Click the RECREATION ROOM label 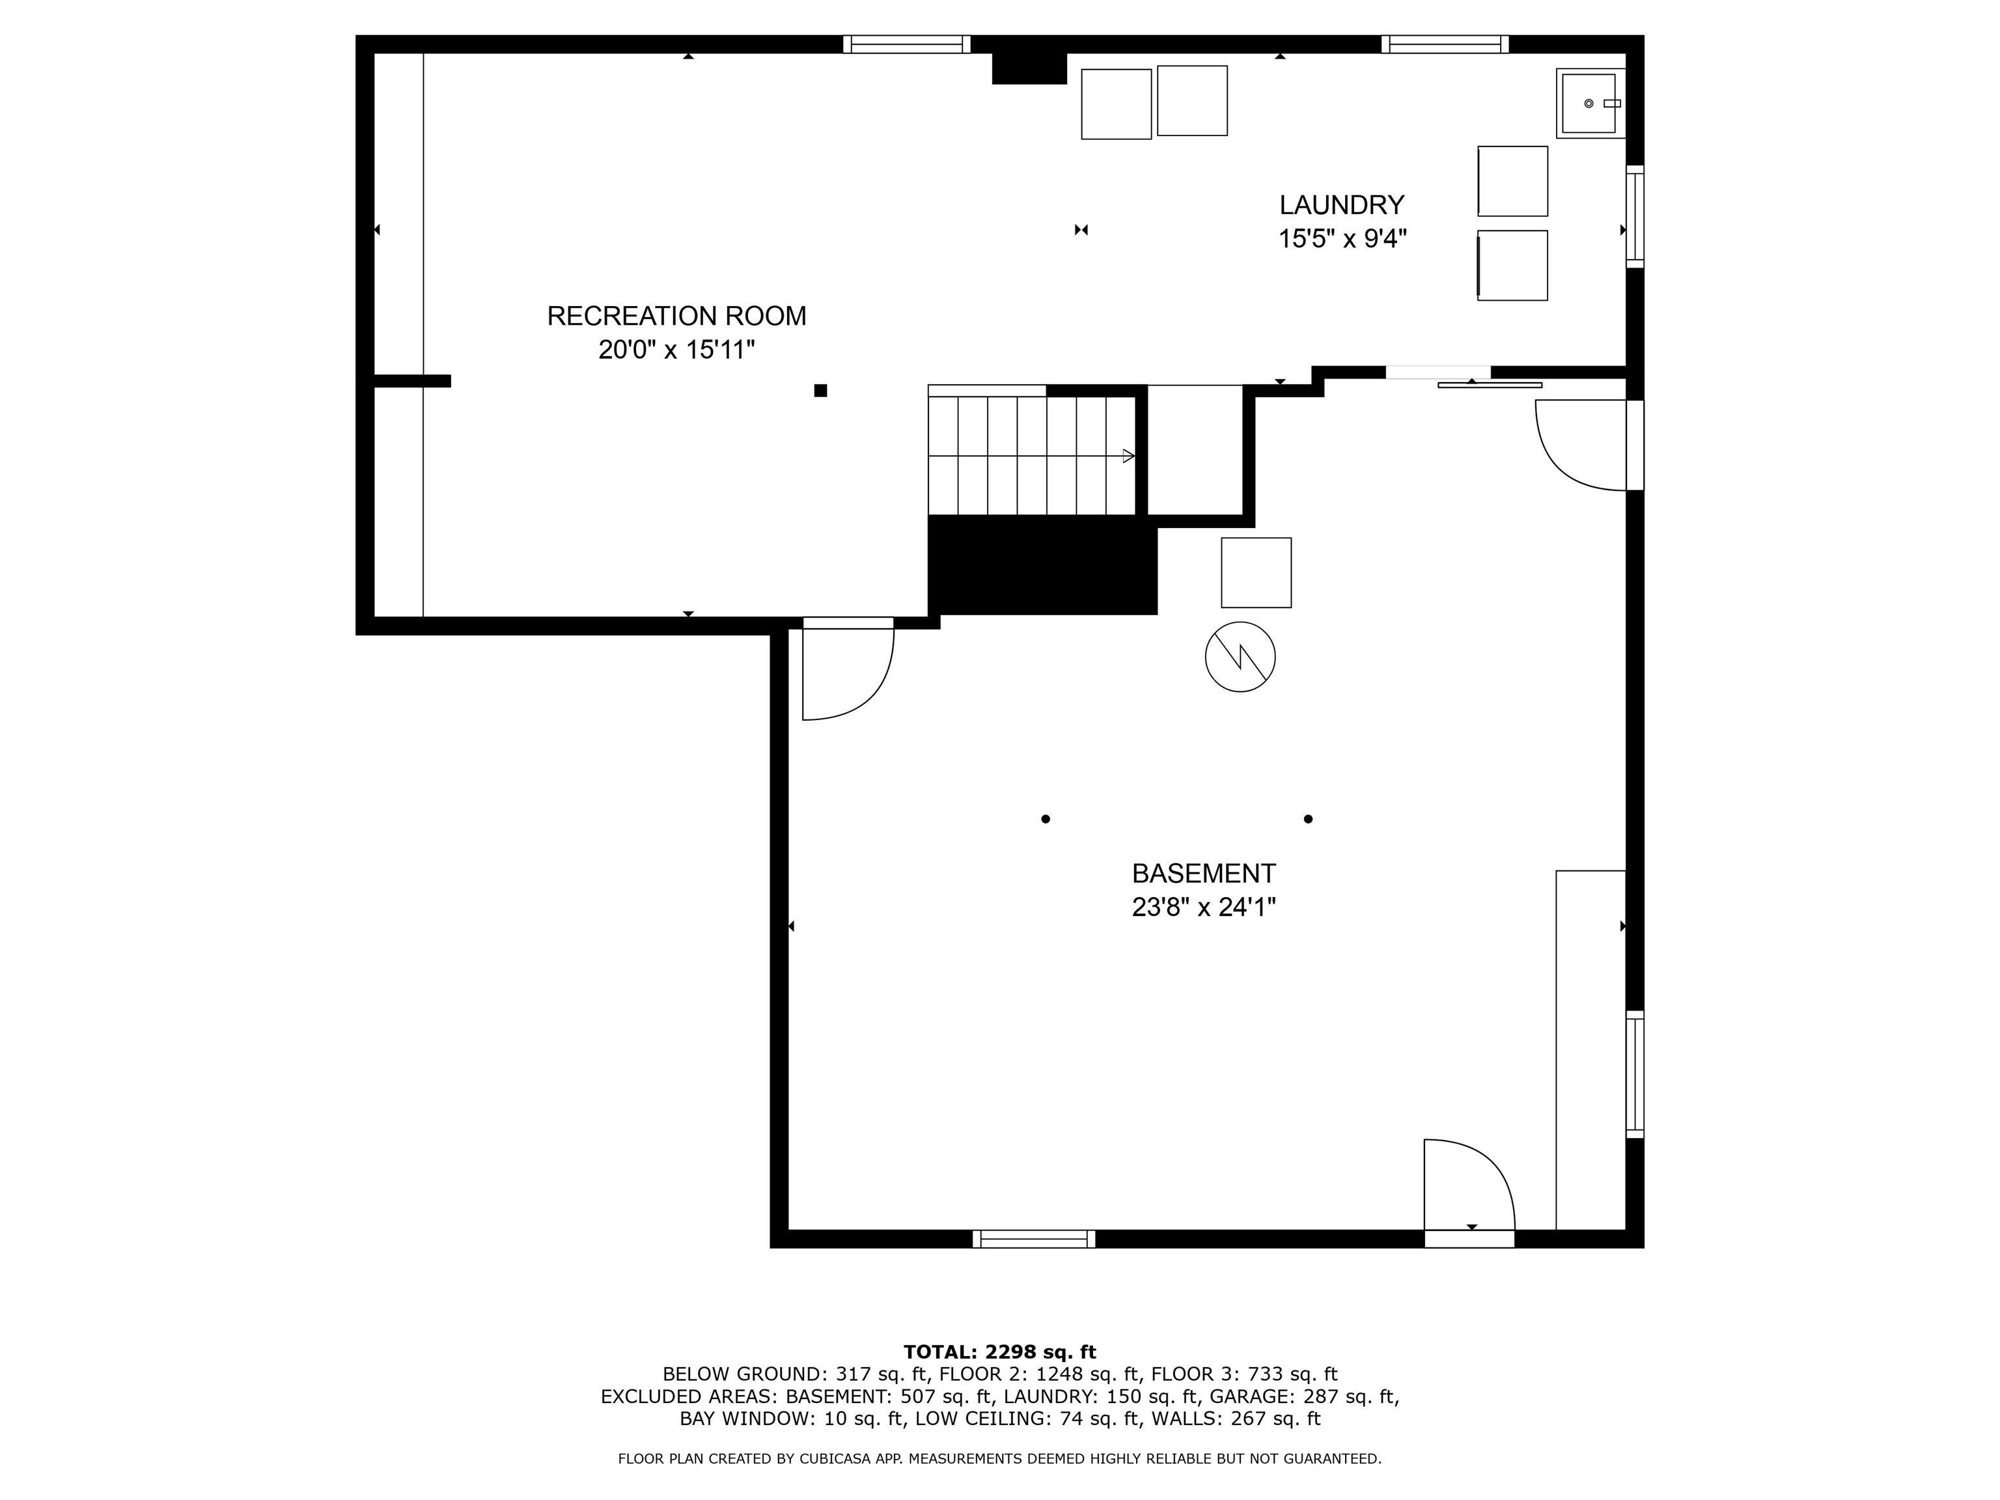point(676,316)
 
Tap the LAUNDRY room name point(1341,204)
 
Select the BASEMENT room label point(1203,874)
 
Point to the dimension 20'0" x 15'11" point(676,350)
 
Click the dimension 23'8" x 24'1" point(1203,907)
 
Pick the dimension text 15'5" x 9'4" point(1342,239)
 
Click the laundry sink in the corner point(1589,103)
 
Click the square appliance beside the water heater point(1256,572)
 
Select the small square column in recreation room point(820,391)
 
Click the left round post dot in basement point(1045,819)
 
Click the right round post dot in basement point(1307,819)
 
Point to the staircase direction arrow point(1128,456)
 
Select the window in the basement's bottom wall point(1033,1239)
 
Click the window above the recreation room point(906,44)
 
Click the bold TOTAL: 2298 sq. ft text point(999,1352)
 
